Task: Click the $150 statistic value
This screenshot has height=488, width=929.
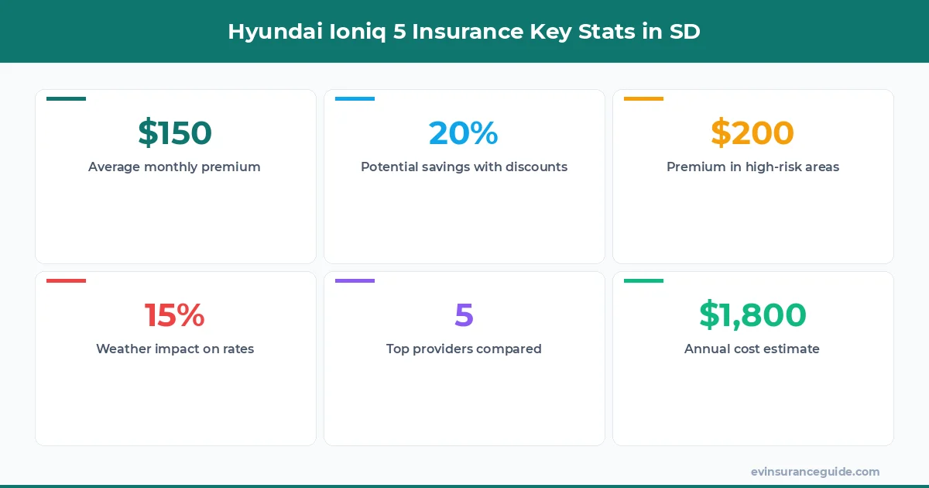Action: pyautogui.click(x=175, y=133)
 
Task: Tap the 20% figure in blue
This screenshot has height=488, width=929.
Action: pyautogui.click(x=464, y=133)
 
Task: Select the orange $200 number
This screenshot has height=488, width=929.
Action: pyautogui.click(x=752, y=133)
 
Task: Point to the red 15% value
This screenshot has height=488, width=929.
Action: pyautogui.click(x=175, y=315)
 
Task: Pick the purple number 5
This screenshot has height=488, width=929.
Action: pyautogui.click(x=464, y=315)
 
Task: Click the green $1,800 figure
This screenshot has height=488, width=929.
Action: pyautogui.click(x=752, y=315)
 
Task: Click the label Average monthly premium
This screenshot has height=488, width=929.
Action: pyautogui.click(x=174, y=167)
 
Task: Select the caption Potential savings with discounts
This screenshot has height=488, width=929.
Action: pyautogui.click(x=464, y=167)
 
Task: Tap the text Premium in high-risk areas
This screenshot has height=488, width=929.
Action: pyautogui.click(x=752, y=167)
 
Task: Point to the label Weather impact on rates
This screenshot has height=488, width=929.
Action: pyautogui.click(x=175, y=349)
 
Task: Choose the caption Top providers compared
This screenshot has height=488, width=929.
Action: pyautogui.click(x=464, y=349)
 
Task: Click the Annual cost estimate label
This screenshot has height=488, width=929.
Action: pyautogui.click(x=752, y=349)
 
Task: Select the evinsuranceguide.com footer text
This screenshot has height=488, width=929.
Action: pyautogui.click(x=815, y=472)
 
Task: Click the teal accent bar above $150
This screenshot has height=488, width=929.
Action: pyautogui.click(x=66, y=99)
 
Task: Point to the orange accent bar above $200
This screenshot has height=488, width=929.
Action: pyautogui.click(x=643, y=99)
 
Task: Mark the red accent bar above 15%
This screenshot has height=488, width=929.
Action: pyautogui.click(x=66, y=281)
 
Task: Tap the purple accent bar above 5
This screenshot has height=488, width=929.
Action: pyautogui.click(x=355, y=281)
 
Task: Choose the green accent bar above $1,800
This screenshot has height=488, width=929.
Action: pyautogui.click(x=643, y=281)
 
